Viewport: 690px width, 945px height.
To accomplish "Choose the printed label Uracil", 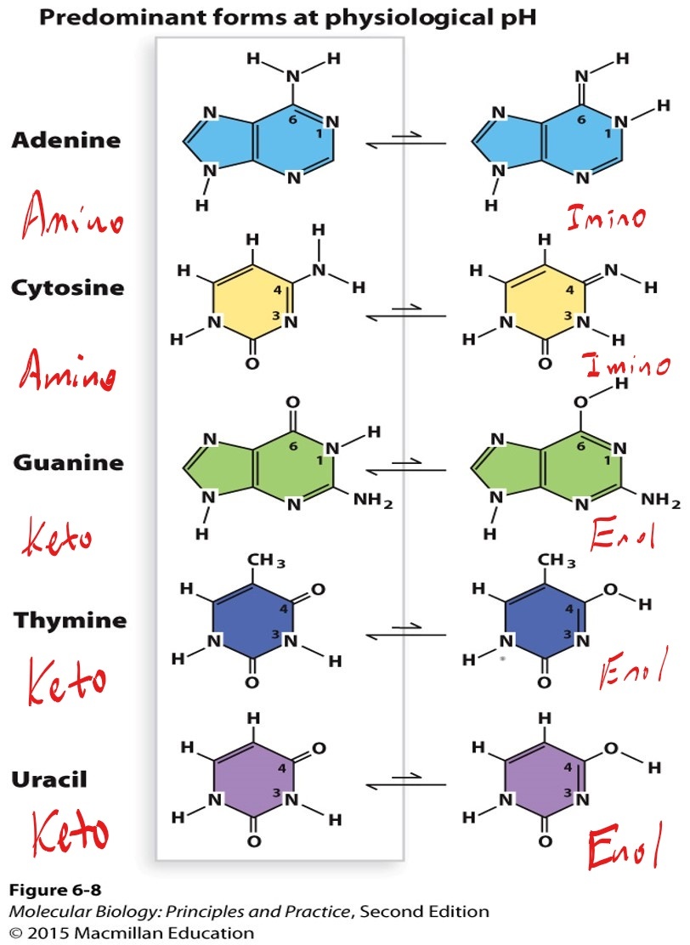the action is (x=48, y=778).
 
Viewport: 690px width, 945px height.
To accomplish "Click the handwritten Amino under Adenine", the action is (x=71, y=218).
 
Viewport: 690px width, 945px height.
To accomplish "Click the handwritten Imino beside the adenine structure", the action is (x=607, y=217).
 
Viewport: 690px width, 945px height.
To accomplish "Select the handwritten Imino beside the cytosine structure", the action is (x=627, y=367).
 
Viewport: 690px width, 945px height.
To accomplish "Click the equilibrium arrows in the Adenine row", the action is (x=405, y=142).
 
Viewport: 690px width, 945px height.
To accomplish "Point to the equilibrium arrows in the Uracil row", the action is (x=405, y=781).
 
